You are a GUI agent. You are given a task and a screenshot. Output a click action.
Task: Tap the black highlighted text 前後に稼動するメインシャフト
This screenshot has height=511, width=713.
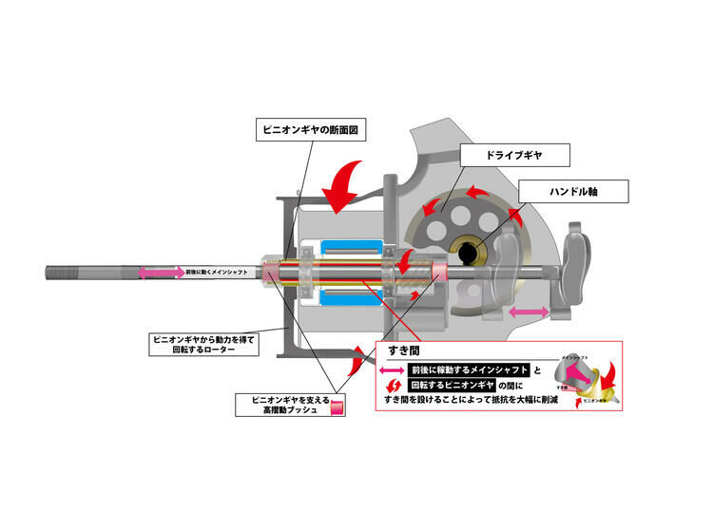coord(470,369)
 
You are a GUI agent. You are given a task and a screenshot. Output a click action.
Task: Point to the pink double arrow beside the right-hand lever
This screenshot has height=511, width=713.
coord(529,311)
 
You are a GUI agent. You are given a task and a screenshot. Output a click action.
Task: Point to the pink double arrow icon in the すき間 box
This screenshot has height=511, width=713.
coord(391,370)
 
